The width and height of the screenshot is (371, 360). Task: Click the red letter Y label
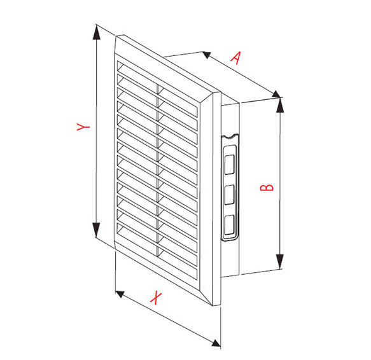click(83, 127)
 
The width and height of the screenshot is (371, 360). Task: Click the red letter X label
click(156, 298)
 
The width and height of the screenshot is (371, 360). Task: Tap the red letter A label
click(235, 58)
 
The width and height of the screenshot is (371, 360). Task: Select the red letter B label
click(267, 188)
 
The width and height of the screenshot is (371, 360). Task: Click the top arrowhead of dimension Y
click(96, 33)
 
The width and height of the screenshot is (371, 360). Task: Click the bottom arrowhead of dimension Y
click(96, 230)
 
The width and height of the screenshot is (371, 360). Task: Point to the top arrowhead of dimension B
click(280, 105)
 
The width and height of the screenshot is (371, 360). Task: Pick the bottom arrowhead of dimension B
click(280, 261)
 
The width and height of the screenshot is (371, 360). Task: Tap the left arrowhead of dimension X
click(120, 294)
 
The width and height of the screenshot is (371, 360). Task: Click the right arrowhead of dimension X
click(216, 343)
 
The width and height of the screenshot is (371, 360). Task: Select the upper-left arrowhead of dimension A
click(207, 55)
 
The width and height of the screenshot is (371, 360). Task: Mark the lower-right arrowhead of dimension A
click(276, 94)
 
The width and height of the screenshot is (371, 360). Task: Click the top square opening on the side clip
click(229, 164)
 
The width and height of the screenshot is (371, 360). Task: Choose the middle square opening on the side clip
click(229, 195)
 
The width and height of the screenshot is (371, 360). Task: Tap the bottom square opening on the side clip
click(229, 225)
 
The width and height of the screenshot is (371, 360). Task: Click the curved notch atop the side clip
click(230, 137)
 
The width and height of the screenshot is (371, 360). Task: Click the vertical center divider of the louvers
click(157, 170)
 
